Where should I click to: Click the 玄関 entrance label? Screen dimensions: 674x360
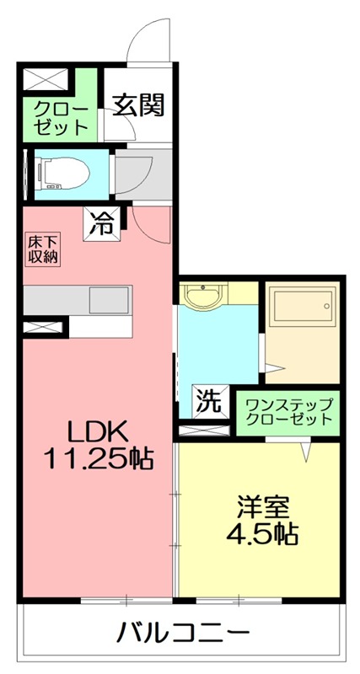139,106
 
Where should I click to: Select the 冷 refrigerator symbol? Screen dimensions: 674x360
103,224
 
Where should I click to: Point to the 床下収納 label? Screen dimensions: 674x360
42,250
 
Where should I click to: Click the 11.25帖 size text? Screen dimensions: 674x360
98,459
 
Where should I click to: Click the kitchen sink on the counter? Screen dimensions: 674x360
109,299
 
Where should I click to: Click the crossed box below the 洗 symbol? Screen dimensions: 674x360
202,430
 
